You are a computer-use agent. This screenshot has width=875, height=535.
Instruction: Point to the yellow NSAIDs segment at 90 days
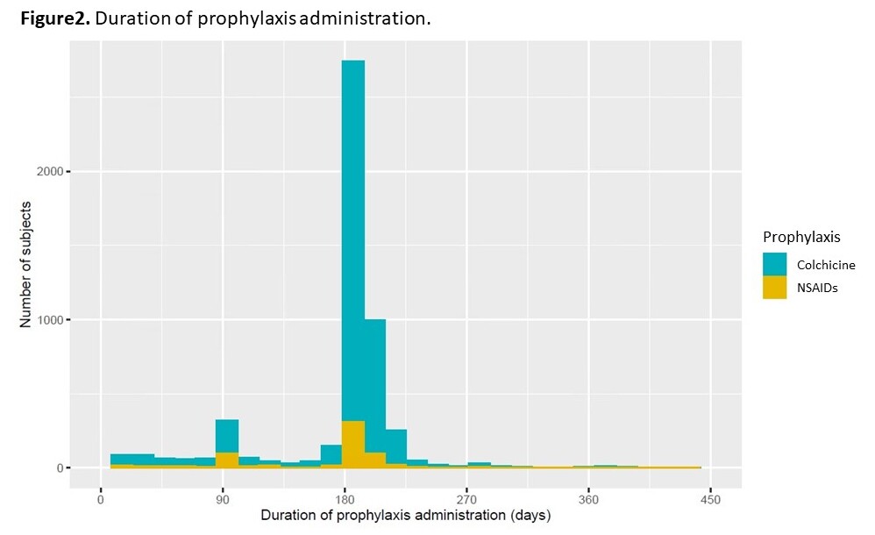pyautogui.click(x=227, y=460)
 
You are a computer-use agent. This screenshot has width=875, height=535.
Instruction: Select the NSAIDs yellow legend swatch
pyautogui.click(x=774, y=288)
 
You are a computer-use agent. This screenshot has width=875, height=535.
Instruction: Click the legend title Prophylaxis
pyautogui.click(x=801, y=238)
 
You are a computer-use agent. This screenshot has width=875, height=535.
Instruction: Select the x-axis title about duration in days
pyautogui.click(x=405, y=517)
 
